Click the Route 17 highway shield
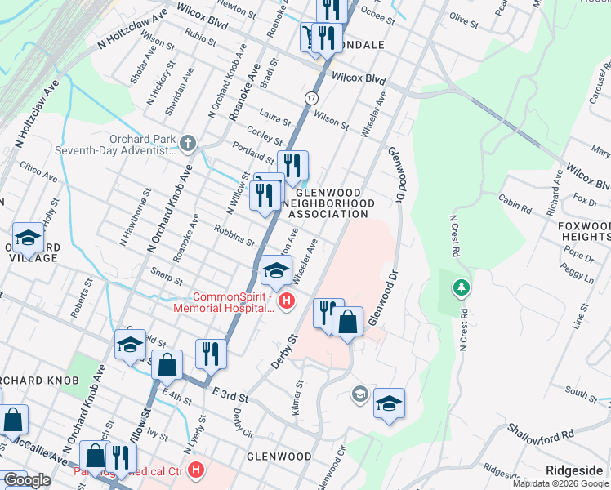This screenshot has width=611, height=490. (x=311, y=97)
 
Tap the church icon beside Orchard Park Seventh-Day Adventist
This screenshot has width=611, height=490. (x=189, y=145)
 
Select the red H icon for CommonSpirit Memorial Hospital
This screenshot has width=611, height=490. (x=286, y=302)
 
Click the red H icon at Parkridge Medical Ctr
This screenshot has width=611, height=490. (x=195, y=470)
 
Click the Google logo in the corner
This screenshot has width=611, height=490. (x=27, y=481)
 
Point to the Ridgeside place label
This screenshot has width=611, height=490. (x=575, y=470)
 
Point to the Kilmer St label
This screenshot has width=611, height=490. (x=299, y=395)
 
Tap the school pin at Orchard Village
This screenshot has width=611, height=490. (x=28, y=238)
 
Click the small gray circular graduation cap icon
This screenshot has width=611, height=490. (x=359, y=395)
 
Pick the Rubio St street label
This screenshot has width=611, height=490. (x=200, y=34)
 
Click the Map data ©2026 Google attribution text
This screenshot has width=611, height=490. (x=561, y=483)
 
